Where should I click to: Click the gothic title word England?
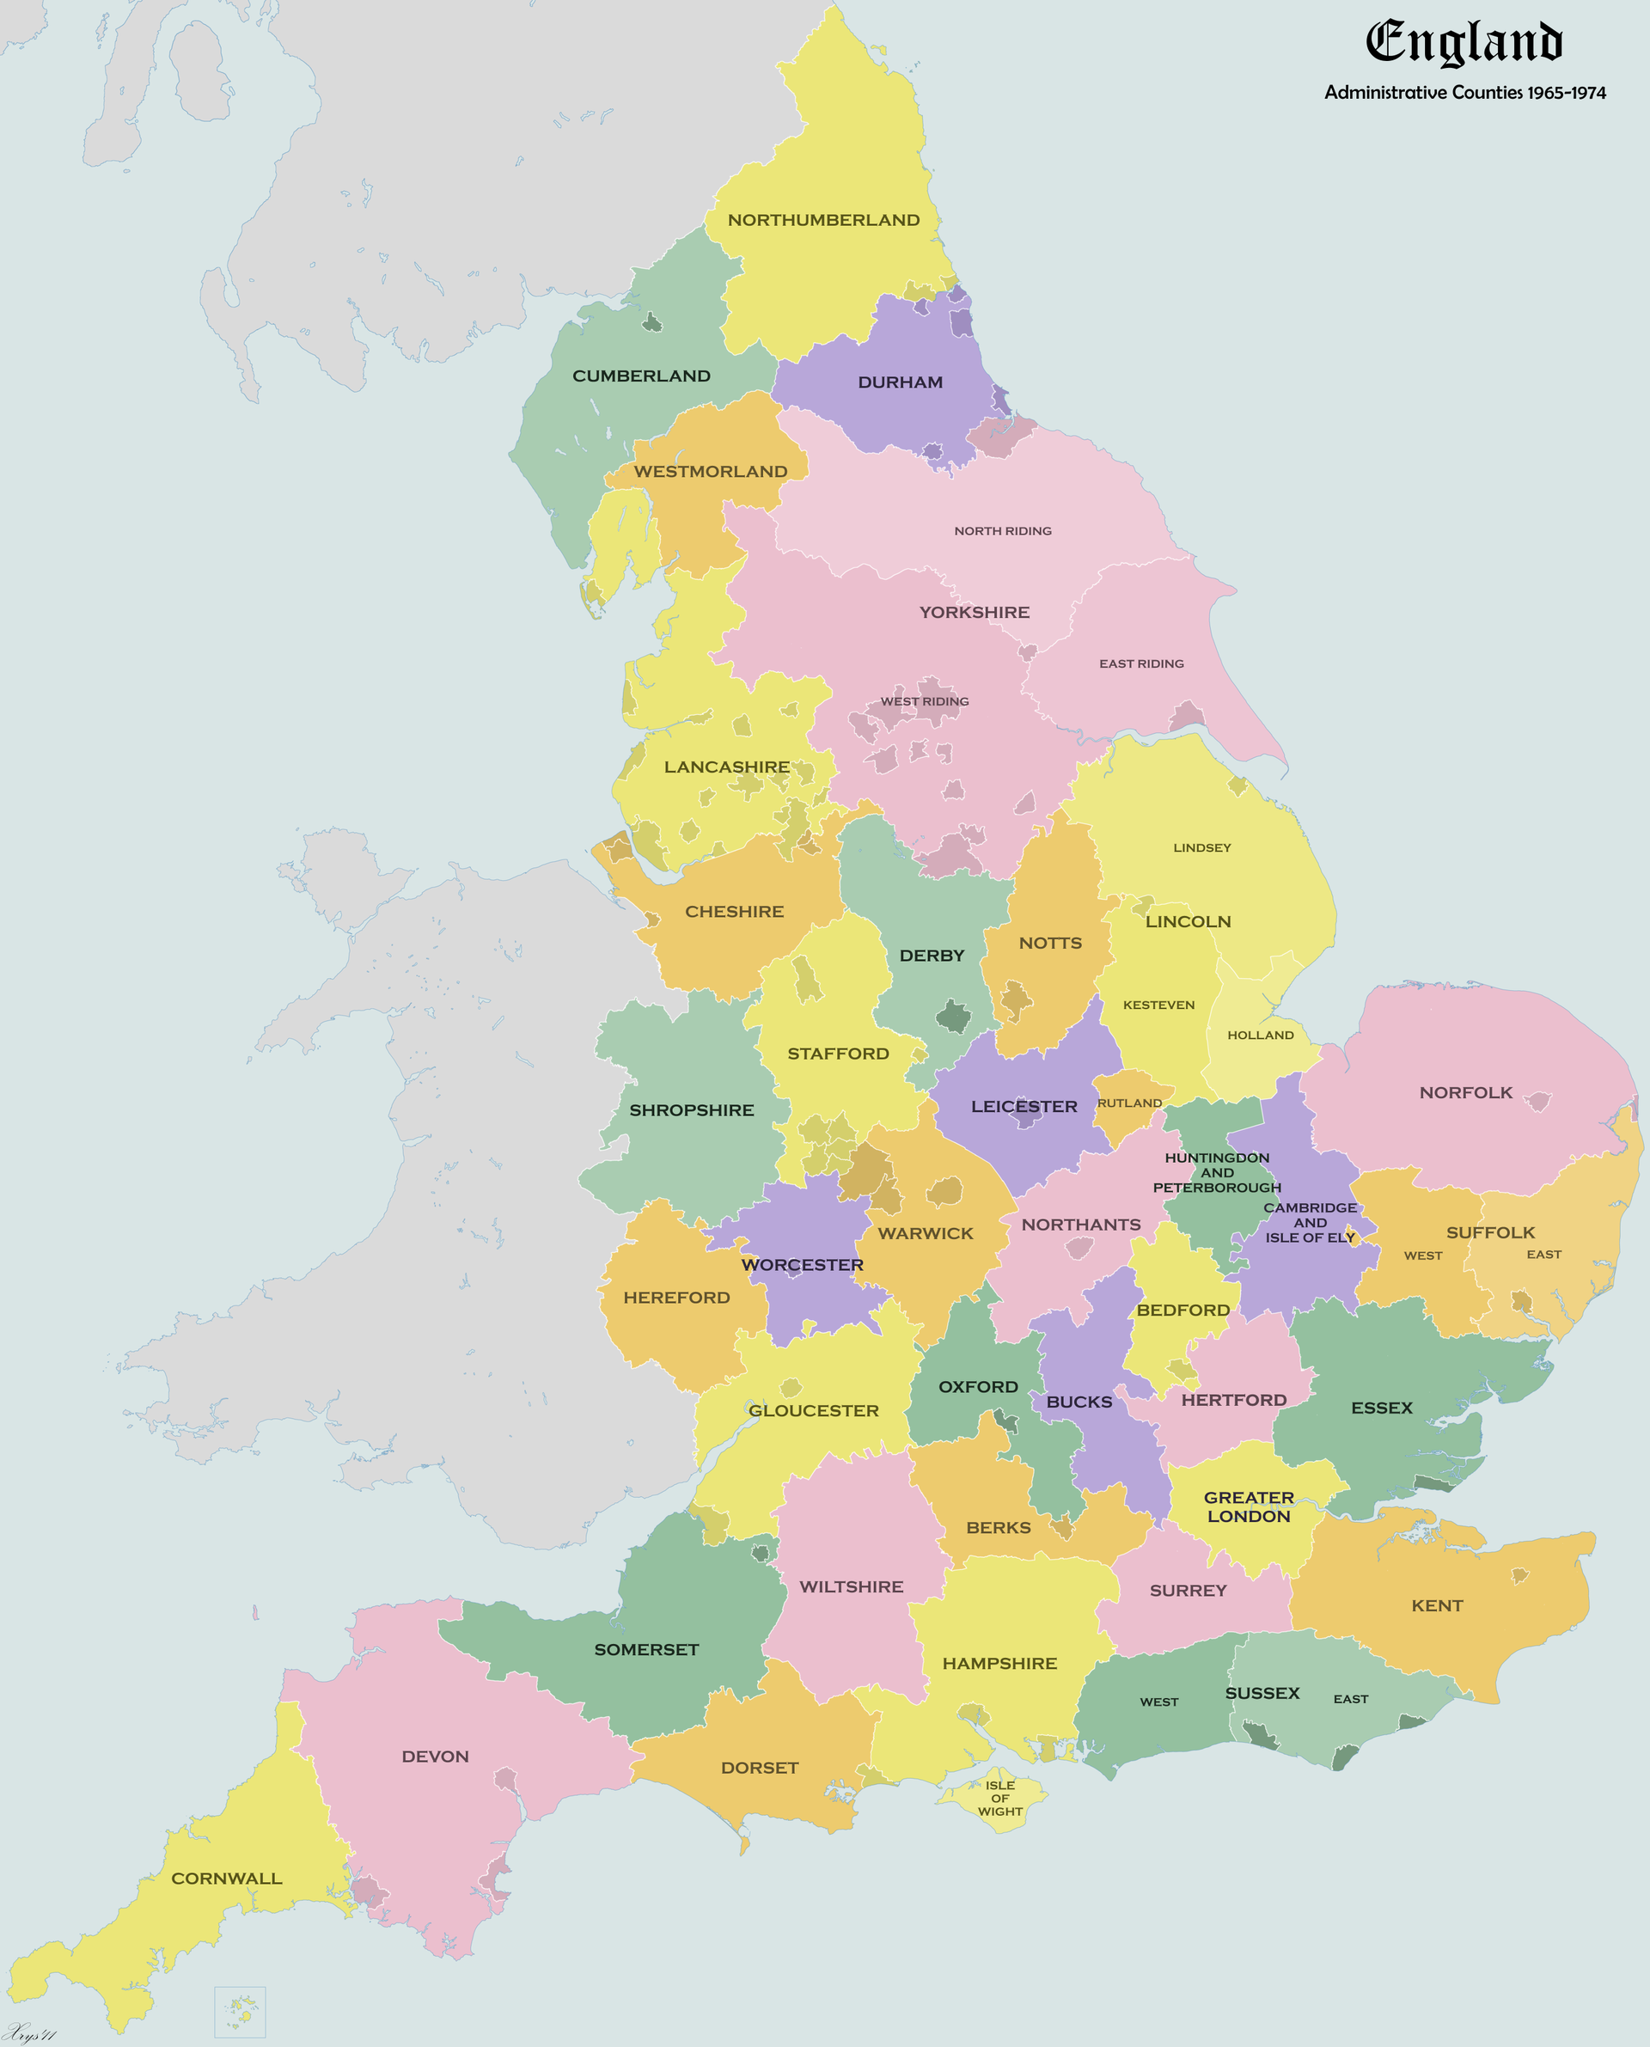(1464, 43)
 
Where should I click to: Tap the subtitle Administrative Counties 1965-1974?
(1464, 93)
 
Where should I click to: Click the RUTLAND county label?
(1129, 1103)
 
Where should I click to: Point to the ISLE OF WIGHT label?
(1000, 1798)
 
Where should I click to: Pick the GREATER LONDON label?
(1249, 1506)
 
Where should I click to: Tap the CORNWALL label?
(226, 1879)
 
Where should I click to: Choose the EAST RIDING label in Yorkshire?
(1141, 664)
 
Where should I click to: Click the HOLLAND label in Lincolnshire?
(1261, 1036)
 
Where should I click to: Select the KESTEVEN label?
(1158, 1005)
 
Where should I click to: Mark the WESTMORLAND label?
(710, 473)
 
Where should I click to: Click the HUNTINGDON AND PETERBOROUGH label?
(1217, 1173)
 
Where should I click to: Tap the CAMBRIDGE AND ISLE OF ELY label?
(1310, 1223)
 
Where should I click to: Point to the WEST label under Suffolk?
(1423, 1256)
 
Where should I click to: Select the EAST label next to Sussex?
(1351, 1699)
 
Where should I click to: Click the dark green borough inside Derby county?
(953, 1016)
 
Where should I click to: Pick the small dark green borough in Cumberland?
(652, 323)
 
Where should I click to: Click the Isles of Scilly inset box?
(240, 2011)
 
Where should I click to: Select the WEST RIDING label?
(924, 702)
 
